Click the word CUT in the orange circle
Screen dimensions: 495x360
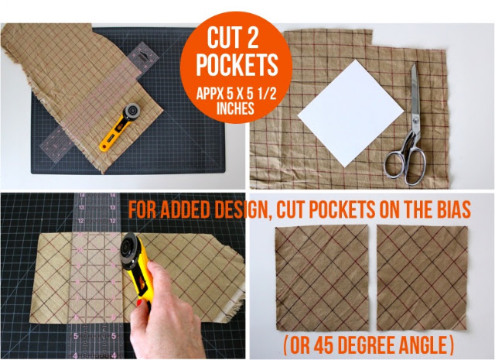click(x=222, y=37)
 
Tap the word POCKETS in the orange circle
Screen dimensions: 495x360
click(x=237, y=65)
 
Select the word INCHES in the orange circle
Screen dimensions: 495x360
click(x=235, y=108)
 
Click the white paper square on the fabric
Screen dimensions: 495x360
click(x=350, y=113)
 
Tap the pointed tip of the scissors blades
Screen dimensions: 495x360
click(x=413, y=65)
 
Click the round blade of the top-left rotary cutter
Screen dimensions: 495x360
click(x=132, y=111)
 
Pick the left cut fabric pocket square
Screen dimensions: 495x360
click(x=322, y=278)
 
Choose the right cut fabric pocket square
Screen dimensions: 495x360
click(x=422, y=278)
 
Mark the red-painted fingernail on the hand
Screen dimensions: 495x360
click(x=139, y=303)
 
